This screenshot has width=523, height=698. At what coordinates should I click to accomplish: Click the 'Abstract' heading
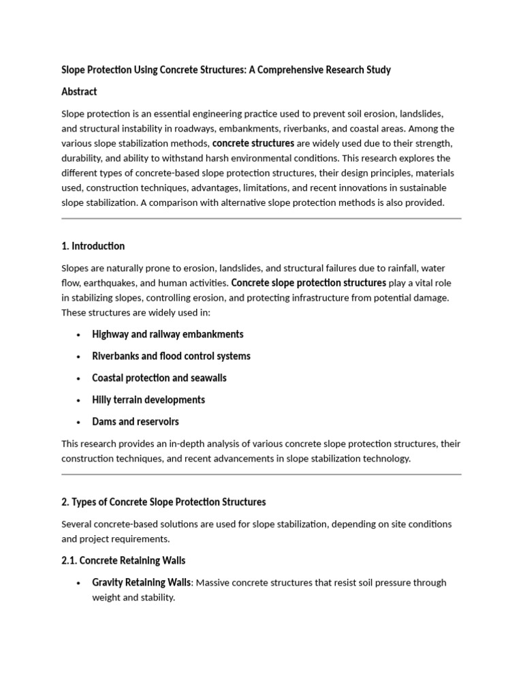click(x=79, y=91)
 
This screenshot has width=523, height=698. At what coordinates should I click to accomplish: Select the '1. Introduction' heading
click(x=93, y=246)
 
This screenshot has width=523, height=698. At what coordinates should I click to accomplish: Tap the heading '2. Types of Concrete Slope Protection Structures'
click(x=163, y=502)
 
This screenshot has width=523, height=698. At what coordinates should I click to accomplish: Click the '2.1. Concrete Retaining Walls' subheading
click(x=123, y=560)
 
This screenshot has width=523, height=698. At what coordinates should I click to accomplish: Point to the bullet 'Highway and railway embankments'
click(x=168, y=334)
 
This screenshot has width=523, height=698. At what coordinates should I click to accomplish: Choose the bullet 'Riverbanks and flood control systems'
click(x=171, y=356)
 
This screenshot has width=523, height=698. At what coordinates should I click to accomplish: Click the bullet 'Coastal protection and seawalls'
click(x=159, y=378)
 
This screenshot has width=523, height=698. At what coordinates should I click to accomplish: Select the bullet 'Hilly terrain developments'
click(x=148, y=399)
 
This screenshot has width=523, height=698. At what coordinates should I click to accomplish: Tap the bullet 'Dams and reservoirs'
click(x=136, y=421)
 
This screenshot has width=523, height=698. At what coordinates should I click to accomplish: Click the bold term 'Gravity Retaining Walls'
click(x=143, y=582)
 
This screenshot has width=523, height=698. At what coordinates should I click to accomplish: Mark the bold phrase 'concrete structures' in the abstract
click(x=253, y=143)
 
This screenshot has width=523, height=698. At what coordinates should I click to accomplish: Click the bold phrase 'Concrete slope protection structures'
click(x=308, y=282)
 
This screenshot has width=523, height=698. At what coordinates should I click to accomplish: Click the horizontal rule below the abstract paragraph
click(x=261, y=219)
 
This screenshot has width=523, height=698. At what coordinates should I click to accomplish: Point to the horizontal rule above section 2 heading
click(x=261, y=474)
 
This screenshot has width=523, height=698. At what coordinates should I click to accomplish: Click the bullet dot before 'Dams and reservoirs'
click(x=79, y=422)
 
